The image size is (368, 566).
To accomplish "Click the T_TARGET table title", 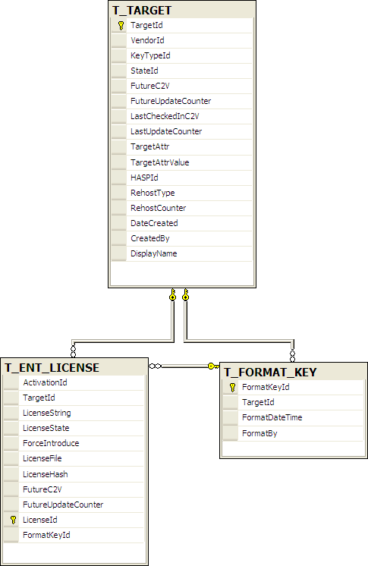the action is [142, 11].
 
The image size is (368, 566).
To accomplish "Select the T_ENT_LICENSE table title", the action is [52, 368].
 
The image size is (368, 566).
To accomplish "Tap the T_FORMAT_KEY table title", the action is [270, 373].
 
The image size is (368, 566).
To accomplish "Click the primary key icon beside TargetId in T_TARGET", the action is [121, 26].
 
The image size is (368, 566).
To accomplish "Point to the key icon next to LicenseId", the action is [14, 520].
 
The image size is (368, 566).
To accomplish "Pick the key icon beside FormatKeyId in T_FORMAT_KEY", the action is [233, 387].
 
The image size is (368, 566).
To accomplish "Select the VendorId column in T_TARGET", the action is [147, 40].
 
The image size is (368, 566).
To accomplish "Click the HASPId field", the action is [144, 178].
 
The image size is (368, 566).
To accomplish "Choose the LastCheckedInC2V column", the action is [165, 116].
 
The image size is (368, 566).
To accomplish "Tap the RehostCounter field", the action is [158, 208].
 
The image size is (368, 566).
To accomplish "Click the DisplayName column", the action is [154, 253].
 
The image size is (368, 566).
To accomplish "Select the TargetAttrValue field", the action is [160, 162].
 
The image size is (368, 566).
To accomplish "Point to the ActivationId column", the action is [45, 382].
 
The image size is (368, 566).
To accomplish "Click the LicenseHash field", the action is [45, 474].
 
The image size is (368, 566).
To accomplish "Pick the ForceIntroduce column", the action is [51, 443].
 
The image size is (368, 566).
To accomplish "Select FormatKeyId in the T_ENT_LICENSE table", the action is [46, 535].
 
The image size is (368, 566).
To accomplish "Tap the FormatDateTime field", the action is [272, 417].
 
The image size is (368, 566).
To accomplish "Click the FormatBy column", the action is [259, 433].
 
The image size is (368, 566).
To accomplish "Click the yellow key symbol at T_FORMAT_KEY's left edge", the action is [213, 366].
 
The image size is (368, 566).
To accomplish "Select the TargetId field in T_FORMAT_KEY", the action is [258, 402].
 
